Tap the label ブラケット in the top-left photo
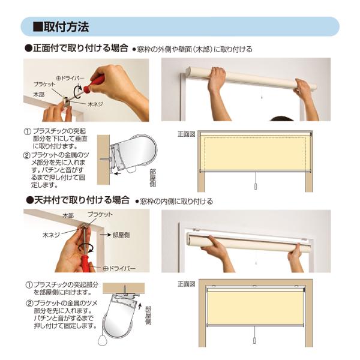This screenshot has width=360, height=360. click(44, 84)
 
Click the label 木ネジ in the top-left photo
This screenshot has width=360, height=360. click(95, 104)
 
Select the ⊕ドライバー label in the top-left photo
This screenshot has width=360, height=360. click(70, 78)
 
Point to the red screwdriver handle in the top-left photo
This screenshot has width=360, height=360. click(94, 84)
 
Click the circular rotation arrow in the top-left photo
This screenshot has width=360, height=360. click(78, 92)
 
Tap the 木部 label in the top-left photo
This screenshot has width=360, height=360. click(39, 94)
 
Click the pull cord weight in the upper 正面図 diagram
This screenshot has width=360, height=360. click(256, 186)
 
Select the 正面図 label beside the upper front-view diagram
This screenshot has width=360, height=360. click(186, 134)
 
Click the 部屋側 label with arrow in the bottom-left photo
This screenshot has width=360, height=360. click(115, 235)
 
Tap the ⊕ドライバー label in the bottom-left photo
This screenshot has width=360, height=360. click(119, 268)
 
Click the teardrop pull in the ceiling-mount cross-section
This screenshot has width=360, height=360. click(102, 340)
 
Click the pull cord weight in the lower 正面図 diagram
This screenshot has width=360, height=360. click(254, 340)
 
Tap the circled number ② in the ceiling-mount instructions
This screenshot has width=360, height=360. click(29, 304)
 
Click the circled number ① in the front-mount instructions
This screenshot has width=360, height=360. click(28, 131)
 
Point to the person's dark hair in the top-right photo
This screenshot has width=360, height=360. click(281, 118)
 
